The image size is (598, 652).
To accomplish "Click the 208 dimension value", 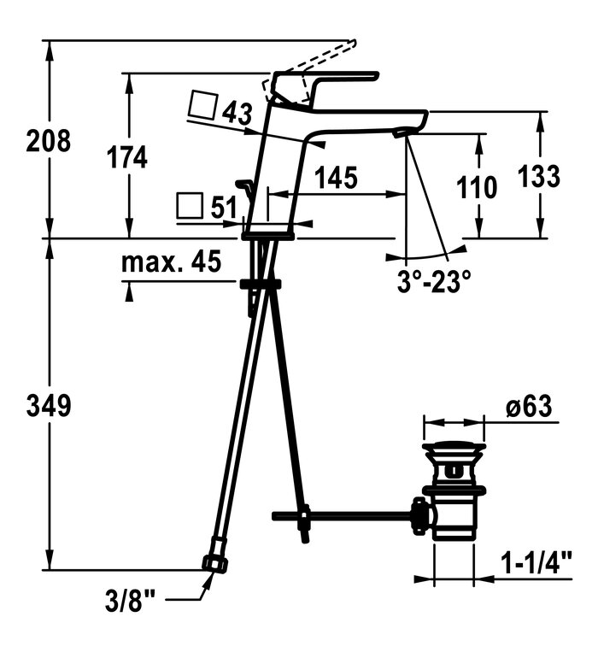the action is [x=48, y=140].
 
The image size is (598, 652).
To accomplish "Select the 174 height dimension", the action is [x=127, y=157].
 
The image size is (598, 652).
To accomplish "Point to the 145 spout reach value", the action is [x=336, y=178].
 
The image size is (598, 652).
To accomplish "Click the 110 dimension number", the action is [x=477, y=187].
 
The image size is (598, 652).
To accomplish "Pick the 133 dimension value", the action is [x=539, y=176].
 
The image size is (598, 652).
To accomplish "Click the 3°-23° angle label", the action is [x=434, y=281].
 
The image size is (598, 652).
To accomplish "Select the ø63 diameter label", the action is [x=529, y=406].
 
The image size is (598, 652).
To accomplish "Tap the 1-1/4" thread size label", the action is [x=536, y=562].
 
